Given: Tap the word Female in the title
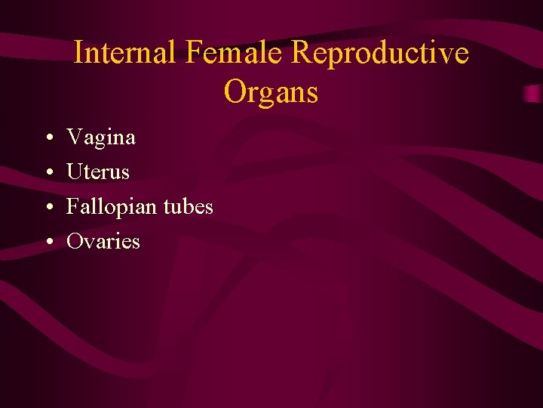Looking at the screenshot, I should (235, 53).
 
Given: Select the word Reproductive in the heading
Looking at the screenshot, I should (379, 53).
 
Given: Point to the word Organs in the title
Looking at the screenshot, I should (271, 91).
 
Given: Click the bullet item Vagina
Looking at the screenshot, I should (101, 138).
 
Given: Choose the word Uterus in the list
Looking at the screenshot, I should (98, 172).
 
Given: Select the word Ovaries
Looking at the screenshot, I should (103, 242).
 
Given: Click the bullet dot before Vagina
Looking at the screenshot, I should (48, 138).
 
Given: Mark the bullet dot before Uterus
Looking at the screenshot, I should (48, 173).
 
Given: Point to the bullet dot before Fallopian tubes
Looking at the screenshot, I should (48, 208).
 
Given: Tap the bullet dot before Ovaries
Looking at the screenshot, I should (48, 243).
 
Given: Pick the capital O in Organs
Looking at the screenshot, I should (235, 91).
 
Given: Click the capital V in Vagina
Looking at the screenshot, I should (75, 138).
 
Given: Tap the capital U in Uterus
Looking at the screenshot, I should (75, 172).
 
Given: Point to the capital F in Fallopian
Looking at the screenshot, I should (73, 206).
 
